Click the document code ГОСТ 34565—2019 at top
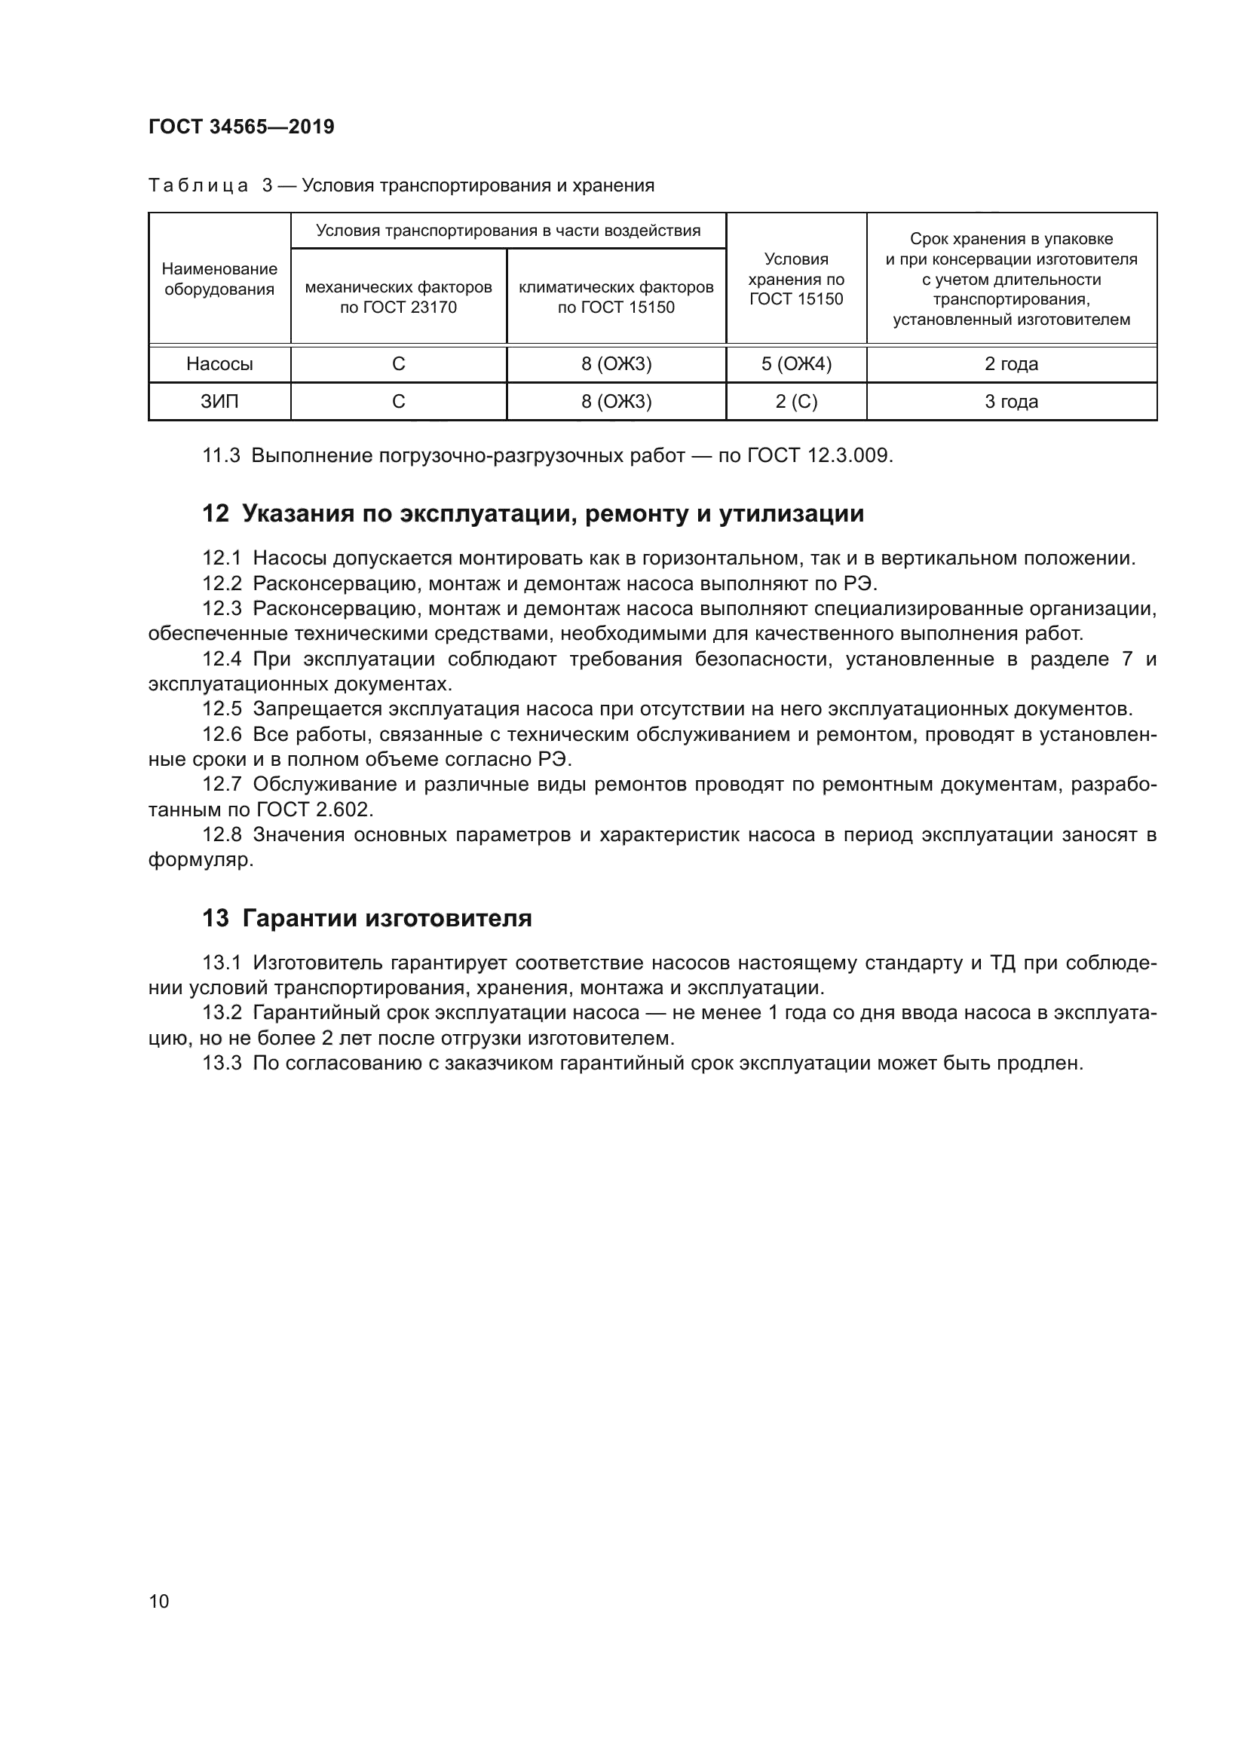pos(241,127)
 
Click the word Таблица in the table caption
pos(198,185)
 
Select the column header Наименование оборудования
pos(219,279)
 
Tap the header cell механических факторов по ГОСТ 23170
pos(399,296)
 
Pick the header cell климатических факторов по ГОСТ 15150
pos(616,296)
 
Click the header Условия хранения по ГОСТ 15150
pos(795,279)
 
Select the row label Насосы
pos(219,364)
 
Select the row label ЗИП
pos(219,402)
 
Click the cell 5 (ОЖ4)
pos(795,364)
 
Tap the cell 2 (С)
pos(795,402)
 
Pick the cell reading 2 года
pos(1010,364)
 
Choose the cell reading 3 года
pos(1010,402)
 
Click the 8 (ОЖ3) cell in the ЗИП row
pos(616,402)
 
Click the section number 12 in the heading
pos(215,514)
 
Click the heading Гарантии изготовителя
pos(387,918)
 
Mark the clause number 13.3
pos(222,1064)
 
